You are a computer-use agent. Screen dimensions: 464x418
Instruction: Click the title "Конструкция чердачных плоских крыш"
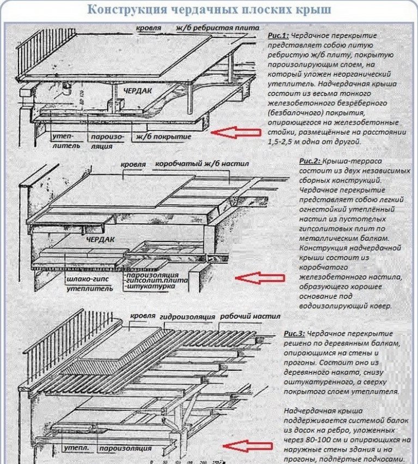click(209, 10)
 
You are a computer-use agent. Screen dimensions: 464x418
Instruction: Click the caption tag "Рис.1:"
click(278, 35)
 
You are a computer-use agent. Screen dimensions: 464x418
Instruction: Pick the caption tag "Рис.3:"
click(295, 333)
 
